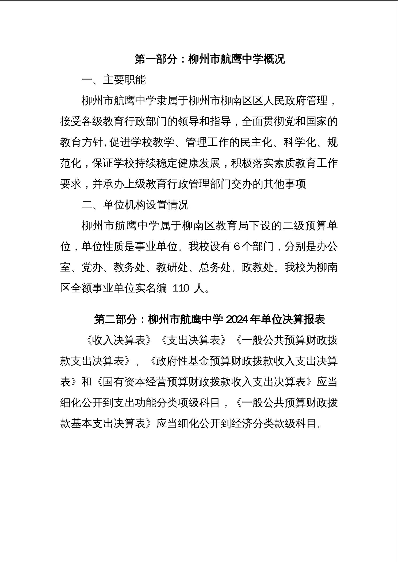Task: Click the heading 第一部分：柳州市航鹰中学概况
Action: [x=210, y=59]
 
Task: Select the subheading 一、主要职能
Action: [x=114, y=80]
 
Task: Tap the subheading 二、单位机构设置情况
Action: [x=135, y=205]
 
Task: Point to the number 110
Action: [x=181, y=288]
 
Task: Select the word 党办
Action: [x=92, y=267]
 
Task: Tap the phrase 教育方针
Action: [x=81, y=142]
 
